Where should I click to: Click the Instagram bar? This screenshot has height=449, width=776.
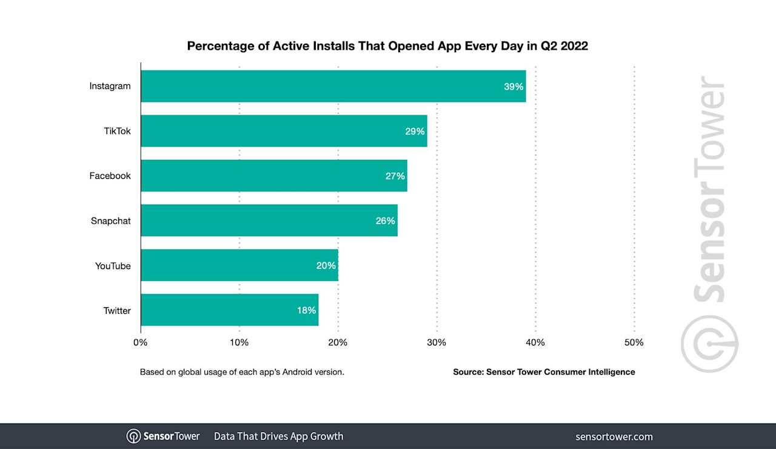click(333, 86)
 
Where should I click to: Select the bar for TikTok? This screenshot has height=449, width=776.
click(284, 131)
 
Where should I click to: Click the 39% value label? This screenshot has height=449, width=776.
click(513, 87)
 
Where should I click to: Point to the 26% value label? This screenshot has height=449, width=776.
click(385, 221)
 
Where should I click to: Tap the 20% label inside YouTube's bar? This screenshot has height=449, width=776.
click(326, 265)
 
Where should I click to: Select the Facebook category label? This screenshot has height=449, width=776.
click(110, 176)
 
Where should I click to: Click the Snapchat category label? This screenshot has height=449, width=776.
click(110, 221)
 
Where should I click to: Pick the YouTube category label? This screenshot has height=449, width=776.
click(113, 265)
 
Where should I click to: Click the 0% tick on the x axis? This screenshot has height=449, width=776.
click(141, 342)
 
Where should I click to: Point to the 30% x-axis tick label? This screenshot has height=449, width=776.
click(436, 342)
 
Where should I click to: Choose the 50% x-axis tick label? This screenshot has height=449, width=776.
click(634, 342)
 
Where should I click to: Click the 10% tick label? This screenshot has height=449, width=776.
click(239, 342)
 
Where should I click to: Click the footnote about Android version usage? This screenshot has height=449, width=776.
click(242, 372)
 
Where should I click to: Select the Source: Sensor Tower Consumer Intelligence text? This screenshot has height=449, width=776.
click(544, 372)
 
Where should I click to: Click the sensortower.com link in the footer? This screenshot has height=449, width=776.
click(614, 436)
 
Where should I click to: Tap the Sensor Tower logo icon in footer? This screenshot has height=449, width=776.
click(133, 436)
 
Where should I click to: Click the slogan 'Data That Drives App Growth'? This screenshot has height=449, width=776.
click(278, 436)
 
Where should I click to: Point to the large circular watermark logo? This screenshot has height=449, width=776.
click(709, 344)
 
